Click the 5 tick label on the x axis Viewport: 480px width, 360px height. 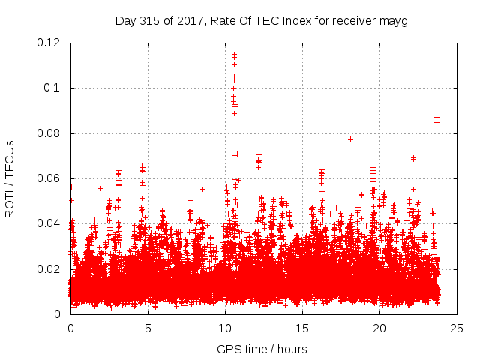click(x=148, y=328)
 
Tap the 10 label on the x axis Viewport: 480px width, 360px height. click(x=225, y=328)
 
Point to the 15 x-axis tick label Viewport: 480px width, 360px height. click(x=302, y=328)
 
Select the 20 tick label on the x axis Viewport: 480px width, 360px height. click(x=379, y=328)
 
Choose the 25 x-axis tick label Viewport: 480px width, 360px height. click(x=457, y=328)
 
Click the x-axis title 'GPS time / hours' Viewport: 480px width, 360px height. click(x=262, y=349)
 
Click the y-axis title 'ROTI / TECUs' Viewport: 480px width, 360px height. click(x=10, y=178)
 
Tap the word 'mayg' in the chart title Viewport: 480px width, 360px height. click(x=394, y=20)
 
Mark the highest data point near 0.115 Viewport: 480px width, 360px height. click(x=234, y=54)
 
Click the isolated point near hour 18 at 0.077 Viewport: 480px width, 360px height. click(x=350, y=139)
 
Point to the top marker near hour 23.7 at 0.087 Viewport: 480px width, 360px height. click(x=436, y=117)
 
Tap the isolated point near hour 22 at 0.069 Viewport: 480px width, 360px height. click(x=413, y=158)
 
